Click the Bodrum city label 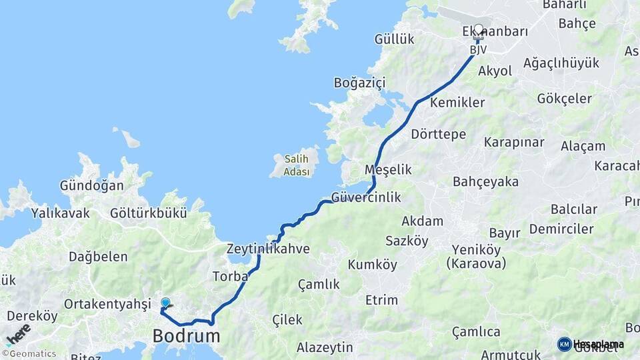186,335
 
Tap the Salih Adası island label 297,165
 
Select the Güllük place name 394,39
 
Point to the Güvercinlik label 366,197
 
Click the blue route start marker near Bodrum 165,303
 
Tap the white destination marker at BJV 478,30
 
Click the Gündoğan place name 92,185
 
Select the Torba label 230,275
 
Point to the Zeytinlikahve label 268,249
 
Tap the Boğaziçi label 360,83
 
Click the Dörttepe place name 439,134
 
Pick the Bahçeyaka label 485,181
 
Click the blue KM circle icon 564,344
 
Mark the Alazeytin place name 325,347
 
